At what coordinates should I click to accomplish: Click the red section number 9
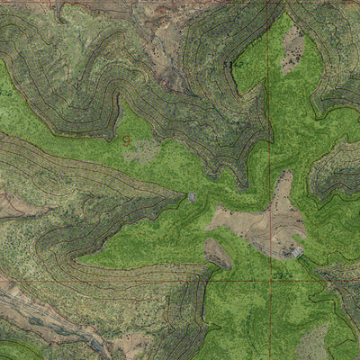click(x=126, y=140)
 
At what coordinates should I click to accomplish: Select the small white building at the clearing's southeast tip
click(x=296, y=253)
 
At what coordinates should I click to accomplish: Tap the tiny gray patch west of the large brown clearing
click(x=192, y=196)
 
